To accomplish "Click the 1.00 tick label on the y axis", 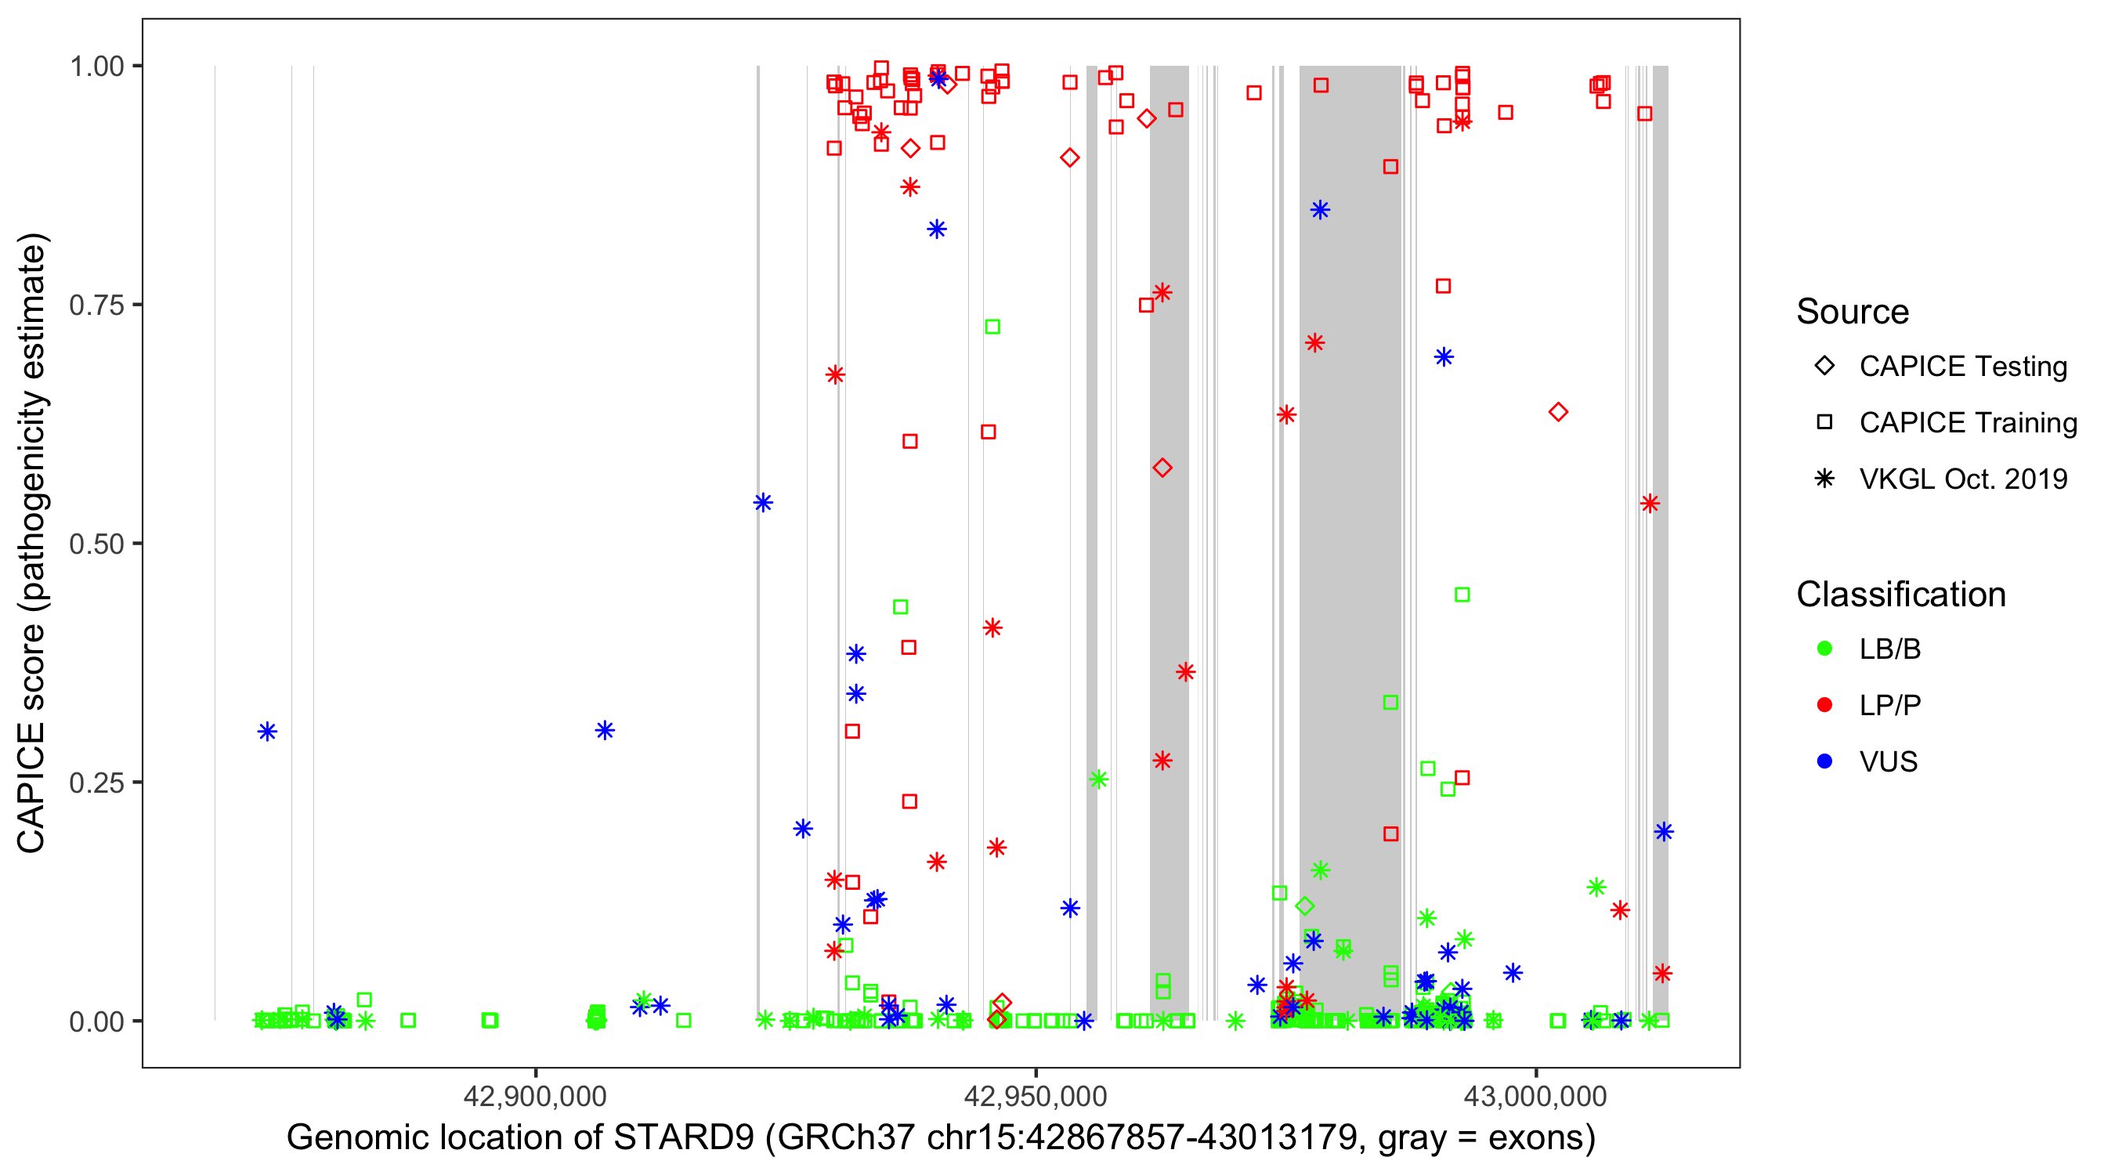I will point(96,67).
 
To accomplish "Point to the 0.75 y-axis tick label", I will point(96,305).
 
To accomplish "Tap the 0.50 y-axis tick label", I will point(96,544).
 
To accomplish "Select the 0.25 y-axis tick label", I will point(96,783).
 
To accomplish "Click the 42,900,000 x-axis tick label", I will point(535,1096).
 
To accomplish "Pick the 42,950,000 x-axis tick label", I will point(1036,1096).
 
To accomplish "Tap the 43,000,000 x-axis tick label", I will point(1535,1096).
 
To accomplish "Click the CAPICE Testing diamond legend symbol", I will point(1824,367).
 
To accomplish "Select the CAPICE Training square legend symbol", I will point(1824,423).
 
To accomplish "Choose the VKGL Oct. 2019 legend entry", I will point(1962,479).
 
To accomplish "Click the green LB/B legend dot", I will point(1824,649).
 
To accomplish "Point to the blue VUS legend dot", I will point(1824,762).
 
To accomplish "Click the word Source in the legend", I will point(1853,312).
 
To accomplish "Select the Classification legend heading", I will point(1900,595).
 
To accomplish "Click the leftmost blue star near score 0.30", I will point(267,732).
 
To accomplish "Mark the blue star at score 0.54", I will point(763,504).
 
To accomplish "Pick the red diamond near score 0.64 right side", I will point(1557,412).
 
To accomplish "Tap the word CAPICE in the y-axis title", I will point(31,786).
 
